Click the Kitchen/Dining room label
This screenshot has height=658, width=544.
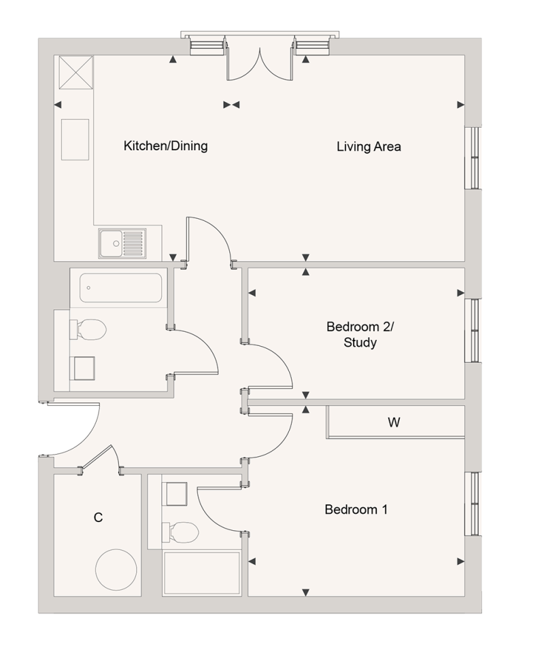point(165,146)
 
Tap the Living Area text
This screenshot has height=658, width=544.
point(369,146)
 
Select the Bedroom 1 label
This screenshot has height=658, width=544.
point(356,510)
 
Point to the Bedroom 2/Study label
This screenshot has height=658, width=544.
point(360,334)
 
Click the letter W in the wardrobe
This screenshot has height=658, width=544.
point(394,423)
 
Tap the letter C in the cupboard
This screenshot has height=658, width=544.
point(98,518)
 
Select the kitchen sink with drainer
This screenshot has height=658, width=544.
point(122,243)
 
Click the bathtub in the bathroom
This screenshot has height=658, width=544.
point(121,288)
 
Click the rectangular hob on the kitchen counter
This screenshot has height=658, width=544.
point(75,139)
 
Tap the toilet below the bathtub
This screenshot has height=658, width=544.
point(90,331)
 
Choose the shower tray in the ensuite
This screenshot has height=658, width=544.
point(202,574)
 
